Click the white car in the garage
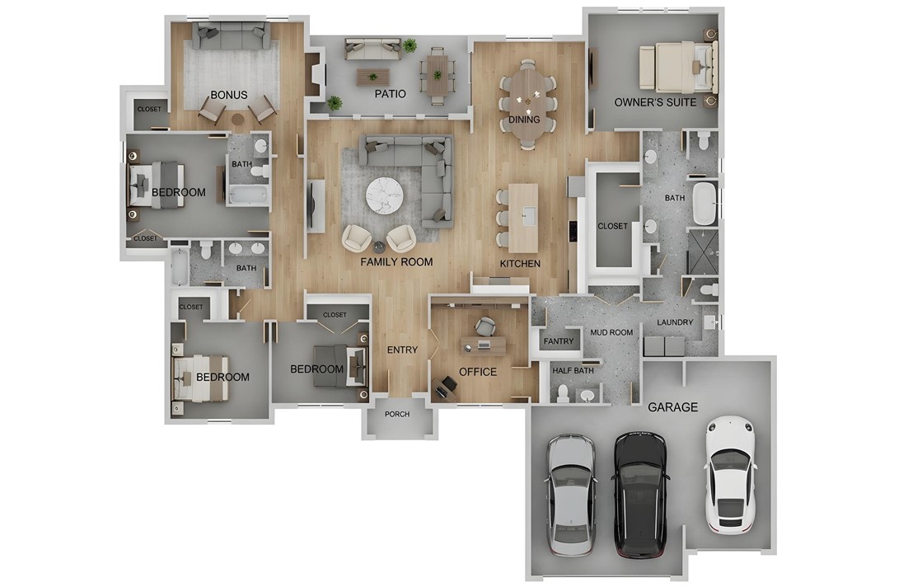(730, 475)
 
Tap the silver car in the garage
(570, 494)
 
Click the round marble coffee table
(385, 195)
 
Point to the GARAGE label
(672, 407)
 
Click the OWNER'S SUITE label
(655, 102)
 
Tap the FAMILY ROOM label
(396, 262)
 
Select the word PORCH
(397, 414)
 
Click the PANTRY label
(559, 341)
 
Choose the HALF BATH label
(573, 371)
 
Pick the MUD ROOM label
(611, 333)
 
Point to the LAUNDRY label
(675, 322)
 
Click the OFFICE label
(478, 372)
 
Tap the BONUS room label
(229, 95)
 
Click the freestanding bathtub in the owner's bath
(704, 204)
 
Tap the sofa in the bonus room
(232, 36)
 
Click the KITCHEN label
(521, 264)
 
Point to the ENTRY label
(402, 350)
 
